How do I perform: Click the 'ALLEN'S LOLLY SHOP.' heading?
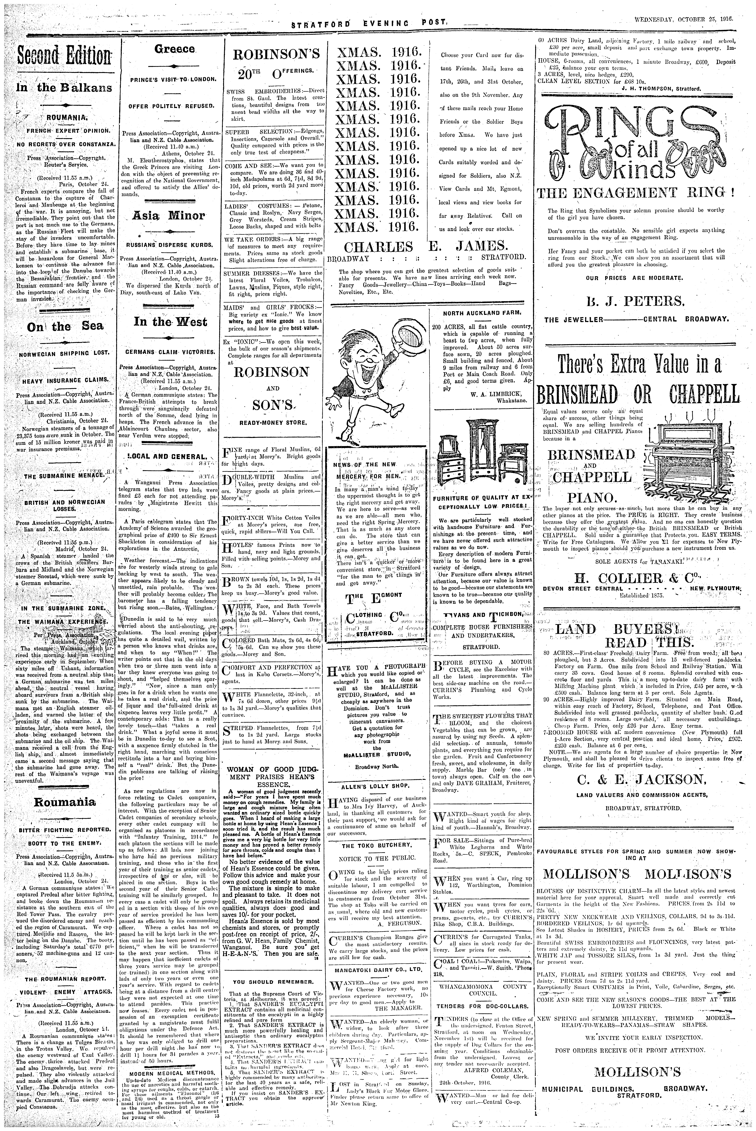click(x=375, y=786)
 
